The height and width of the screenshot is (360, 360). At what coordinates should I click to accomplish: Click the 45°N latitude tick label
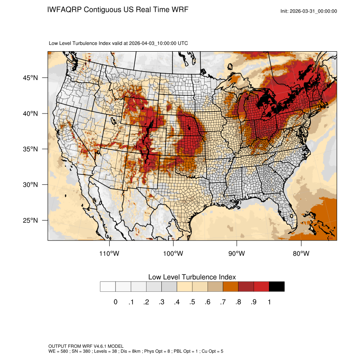(31, 78)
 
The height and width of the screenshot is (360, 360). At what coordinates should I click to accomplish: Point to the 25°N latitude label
(31, 221)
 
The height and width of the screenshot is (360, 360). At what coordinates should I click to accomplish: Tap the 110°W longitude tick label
(110, 254)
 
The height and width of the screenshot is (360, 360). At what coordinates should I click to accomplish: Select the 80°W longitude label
(301, 254)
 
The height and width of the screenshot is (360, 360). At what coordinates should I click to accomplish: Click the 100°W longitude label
(173, 254)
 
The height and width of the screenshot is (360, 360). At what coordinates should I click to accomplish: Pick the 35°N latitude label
(31, 150)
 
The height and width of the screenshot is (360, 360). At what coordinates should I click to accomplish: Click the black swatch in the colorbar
(277, 287)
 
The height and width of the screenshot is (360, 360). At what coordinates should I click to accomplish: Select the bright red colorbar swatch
(261, 287)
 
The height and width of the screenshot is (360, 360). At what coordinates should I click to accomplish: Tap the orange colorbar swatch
(230, 287)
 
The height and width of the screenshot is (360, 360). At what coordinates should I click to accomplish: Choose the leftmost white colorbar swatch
(108, 287)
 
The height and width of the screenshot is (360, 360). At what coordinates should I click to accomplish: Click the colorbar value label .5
(192, 302)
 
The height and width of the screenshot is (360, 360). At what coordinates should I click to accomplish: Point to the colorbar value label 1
(269, 302)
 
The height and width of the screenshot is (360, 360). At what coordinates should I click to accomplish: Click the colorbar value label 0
(115, 302)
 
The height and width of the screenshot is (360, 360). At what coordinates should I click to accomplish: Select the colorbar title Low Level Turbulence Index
(192, 277)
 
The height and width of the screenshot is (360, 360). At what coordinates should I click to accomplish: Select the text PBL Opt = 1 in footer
(172, 352)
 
